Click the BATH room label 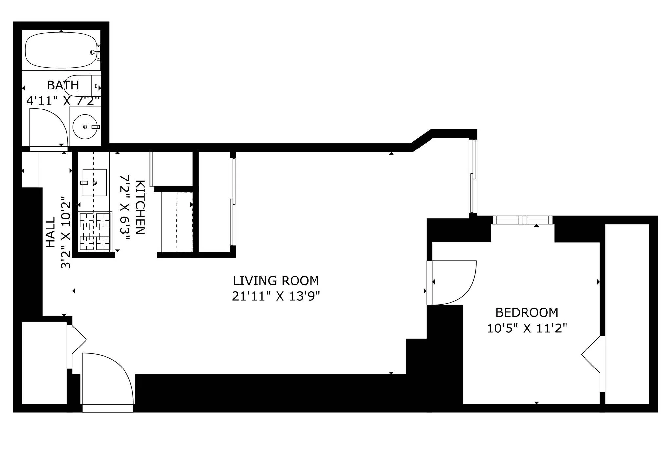pyautogui.click(x=63, y=85)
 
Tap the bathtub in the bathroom pyautogui.click(x=61, y=50)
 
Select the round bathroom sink pyautogui.click(x=85, y=127)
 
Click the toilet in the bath pyautogui.click(x=80, y=86)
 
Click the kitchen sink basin pyautogui.click(x=94, y=183)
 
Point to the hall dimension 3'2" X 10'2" pyautogui.click(x=66, y=232)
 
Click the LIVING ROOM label pyautogui.click(x=276, y=281)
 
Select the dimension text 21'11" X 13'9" pyautogui.click(x=276, y=296)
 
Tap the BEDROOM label pyautogui.click(x=527, y=312)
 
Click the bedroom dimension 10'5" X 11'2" pyautogui.click(x=527, y=328)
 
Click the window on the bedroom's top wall pyautogui.click(x=523, y=220)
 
